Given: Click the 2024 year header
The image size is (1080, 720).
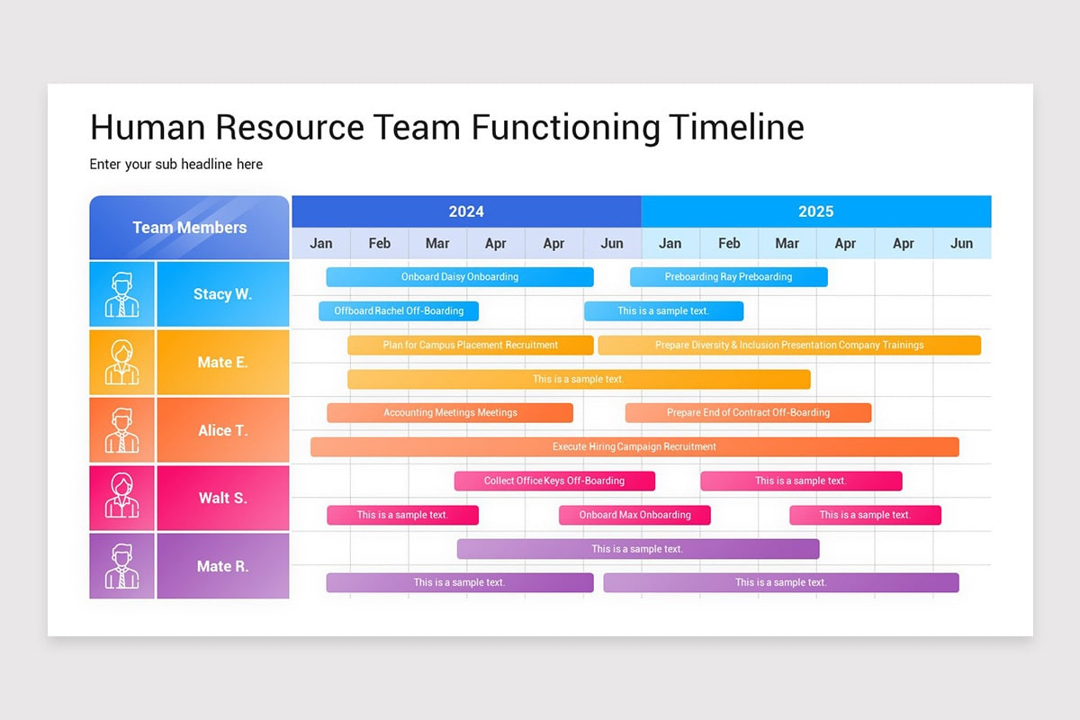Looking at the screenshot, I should tap(466, 211).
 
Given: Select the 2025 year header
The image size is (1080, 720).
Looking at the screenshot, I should tap(815, 211).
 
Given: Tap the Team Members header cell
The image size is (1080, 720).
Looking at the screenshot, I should tap(189, 228).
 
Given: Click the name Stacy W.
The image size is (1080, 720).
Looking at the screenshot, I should tap(222, 294).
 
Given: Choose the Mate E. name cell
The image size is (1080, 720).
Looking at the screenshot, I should tap(222, 363).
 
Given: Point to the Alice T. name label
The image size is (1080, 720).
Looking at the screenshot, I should tap(222, 430).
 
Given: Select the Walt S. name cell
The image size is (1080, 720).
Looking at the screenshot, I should tap(222, 498).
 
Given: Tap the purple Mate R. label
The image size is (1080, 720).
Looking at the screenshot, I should tap(222, 566).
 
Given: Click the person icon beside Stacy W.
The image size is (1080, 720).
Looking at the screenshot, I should tap(122, 294).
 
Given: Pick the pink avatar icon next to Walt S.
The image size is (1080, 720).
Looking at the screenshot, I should tap(122, 498).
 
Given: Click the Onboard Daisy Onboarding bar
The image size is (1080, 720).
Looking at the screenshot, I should tap(459, 277).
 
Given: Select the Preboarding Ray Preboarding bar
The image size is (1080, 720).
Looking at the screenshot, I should tap(728, 277).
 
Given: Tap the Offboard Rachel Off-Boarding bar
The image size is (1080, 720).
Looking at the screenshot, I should tap(399, 311).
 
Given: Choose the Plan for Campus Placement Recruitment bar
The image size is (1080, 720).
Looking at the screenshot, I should tap(470, 345).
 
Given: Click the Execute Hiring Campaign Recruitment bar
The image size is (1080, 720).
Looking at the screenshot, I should tap(634, 446).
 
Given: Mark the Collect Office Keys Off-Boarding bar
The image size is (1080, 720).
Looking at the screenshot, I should tap(553, 481).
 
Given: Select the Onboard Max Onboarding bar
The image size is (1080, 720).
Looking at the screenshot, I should tap(634, 515).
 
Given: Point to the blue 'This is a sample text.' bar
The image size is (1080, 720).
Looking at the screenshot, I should tap(663, 311).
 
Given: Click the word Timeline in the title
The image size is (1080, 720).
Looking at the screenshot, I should tap(736, 128).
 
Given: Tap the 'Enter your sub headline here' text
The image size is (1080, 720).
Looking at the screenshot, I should tap(176, 165).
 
